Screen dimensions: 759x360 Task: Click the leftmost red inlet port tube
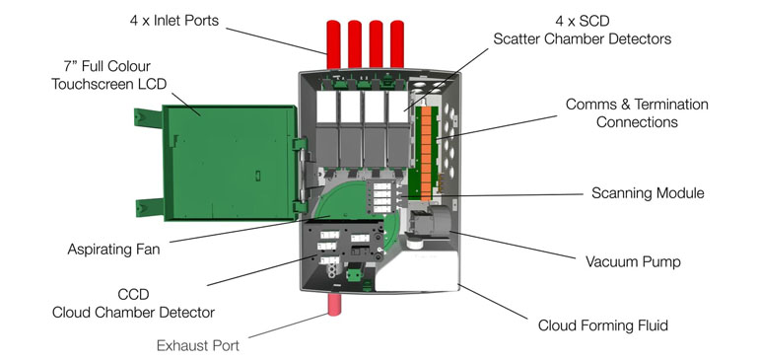click(333, 44)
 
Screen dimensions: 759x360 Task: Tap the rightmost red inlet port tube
click(397, 44)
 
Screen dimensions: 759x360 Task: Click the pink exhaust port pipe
click(334, 304)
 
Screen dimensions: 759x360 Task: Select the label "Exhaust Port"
click(197, 345)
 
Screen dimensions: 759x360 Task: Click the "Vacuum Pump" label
click(633, 262)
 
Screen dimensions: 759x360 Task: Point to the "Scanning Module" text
click(648, 193)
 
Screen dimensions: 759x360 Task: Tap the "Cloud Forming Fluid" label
click(602, 324)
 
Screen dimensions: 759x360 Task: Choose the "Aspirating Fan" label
click(113, 250)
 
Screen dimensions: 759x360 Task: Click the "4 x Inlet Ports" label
click(174, 21)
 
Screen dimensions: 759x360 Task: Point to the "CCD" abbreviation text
click(133, 295)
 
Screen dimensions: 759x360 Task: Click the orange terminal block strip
click(426, 154)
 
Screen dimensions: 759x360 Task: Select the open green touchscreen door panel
click(231, 163)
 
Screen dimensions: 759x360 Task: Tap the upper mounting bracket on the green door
click(148, 118)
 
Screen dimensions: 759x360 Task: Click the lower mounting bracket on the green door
click(150, 207)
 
